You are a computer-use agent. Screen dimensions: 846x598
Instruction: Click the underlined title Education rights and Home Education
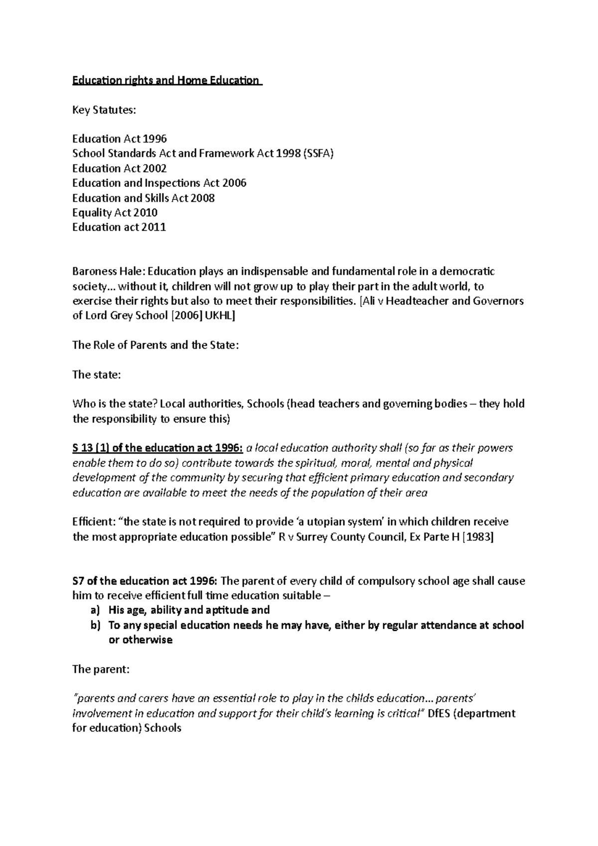point(166,80)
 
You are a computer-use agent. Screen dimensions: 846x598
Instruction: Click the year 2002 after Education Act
point(154,168)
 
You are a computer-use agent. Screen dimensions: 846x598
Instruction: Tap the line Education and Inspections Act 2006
point(159,183)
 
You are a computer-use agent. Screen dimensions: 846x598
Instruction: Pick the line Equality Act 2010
point(115,213)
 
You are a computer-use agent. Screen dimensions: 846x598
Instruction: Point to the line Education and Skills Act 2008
point(143,198)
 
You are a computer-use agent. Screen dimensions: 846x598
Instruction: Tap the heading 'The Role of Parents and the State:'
point(155,345)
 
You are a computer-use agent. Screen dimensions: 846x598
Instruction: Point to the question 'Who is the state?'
point(115,404)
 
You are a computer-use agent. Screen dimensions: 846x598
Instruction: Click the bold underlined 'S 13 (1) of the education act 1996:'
point(157,448)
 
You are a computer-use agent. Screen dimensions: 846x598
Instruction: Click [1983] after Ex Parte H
point(478,537)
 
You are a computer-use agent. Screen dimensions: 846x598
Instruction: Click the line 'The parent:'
point(101,669)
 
